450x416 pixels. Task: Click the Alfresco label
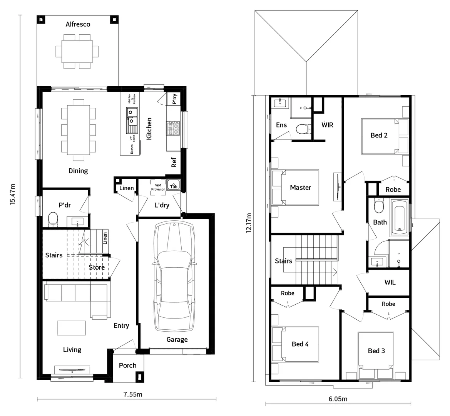(78, 24)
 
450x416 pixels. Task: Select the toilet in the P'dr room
(53, 219)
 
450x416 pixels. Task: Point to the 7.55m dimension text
(133, 394)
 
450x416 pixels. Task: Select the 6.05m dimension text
(338, 399)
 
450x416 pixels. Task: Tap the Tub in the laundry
(174, 186)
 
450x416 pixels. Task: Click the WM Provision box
(158, 185)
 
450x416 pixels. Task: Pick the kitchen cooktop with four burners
(173, 129)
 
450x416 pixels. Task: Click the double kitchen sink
(132, 117)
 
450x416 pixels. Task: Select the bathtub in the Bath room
(399, 217)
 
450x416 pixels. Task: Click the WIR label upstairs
(327, 125)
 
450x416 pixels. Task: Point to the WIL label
(390, 282)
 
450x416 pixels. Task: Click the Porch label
(127, 365)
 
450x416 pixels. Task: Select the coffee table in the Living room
(72, 328)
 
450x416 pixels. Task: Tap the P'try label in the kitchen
(175, 99)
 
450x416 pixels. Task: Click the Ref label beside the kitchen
(174, 163)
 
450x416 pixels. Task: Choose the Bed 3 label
(376, 351)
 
